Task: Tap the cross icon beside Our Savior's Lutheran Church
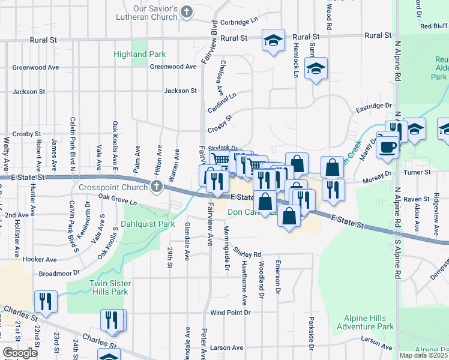point(187,11)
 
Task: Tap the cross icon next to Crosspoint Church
point(157,186)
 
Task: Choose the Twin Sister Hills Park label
point(109,287)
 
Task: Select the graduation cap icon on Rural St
point(273,41)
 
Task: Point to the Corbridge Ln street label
point(238,21)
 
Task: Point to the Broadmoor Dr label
point(59,272)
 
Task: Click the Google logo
point(20,352)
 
